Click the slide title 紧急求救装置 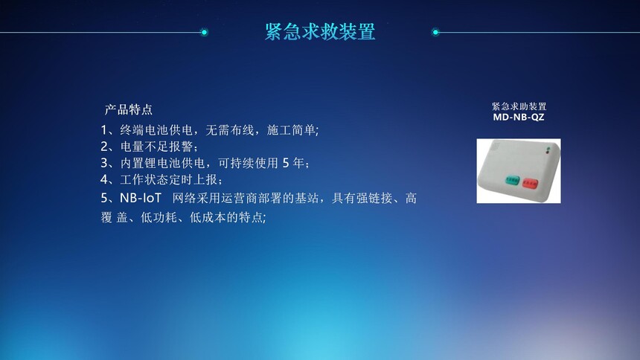pyautogui.click(x=320, y=32)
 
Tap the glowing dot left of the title pyautogui.click(x=204, y=32)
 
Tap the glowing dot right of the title pyautogui.click(x=435, y=32)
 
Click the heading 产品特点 pyautogui.click(x=129, y=109)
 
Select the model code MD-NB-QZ pyautogui.click(x=519, y=117)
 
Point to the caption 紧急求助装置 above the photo pyautogui.click(x=519, y=106)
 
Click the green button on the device pyautogui.click(x=512, y=179)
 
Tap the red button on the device pyautogui.click(x=530, y=184)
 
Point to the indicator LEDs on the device pyautogui.click(x=548, y=150)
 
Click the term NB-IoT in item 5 pyautogui.click(x=141, y=198)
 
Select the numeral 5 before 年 pyautogui.click(x=286, y=163)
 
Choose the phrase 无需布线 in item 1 pyautogui.click(x=230, y=130)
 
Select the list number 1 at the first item pyautogui.click(x=104, y=130)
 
